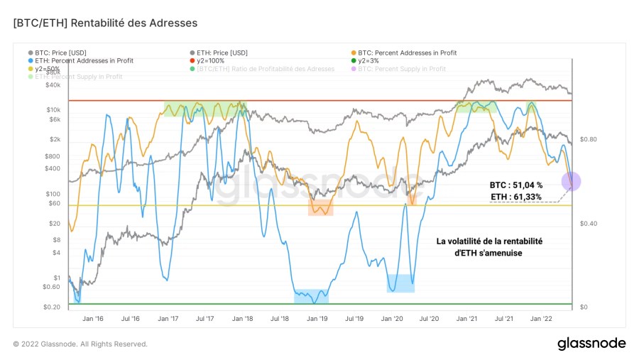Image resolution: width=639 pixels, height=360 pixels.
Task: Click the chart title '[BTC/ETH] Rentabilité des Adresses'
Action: (105, 23)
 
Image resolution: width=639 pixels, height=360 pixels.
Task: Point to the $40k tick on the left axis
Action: (53, 85)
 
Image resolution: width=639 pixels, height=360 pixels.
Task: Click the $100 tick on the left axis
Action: (54, 193)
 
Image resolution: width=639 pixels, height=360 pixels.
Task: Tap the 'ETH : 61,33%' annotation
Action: (516, 196)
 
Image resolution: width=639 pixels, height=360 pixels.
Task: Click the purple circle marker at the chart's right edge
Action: (572, 181)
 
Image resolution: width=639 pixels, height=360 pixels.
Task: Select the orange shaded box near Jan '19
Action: (320, 207)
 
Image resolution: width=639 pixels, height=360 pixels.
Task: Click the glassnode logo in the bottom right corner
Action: (591, 344)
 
